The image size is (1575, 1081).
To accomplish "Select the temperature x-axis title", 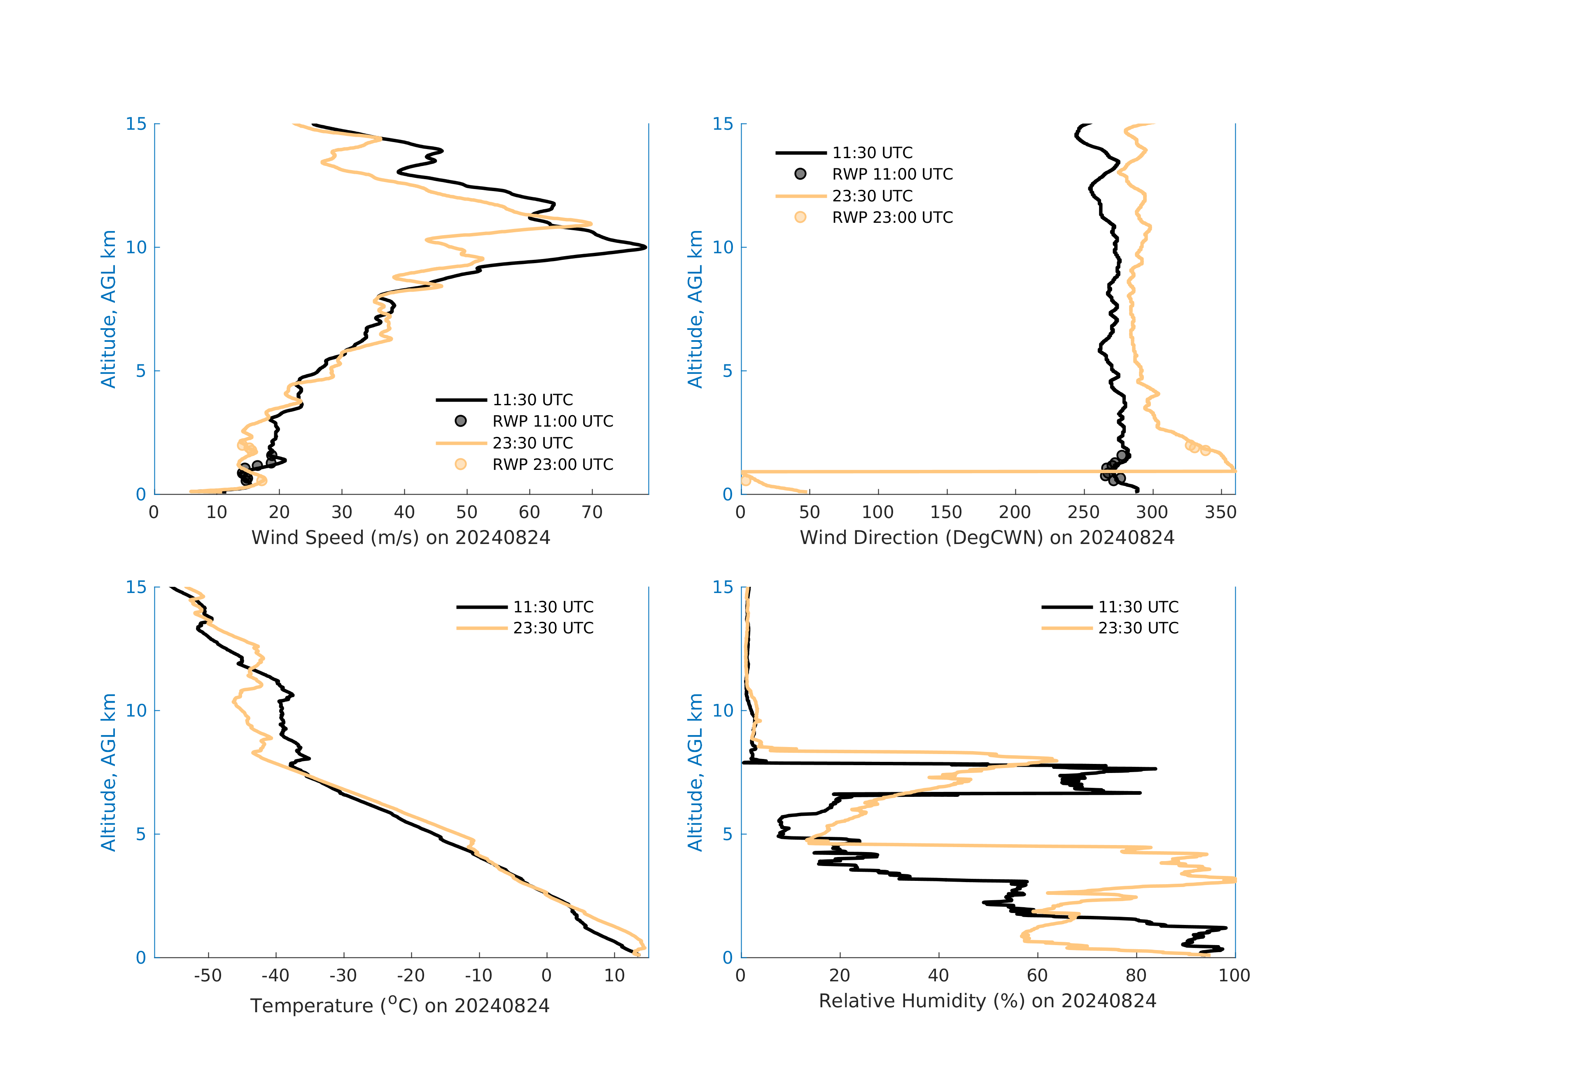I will click(400, 1005).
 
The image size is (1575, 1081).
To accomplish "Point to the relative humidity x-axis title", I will click(987, 1001).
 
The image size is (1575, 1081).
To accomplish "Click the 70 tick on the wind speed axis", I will click(592, 512).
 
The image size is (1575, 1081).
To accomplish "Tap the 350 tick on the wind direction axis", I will click(1220, 512).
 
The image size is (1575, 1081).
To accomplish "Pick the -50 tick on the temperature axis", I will click(208, 976).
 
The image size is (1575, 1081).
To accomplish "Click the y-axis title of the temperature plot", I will click(108, 772).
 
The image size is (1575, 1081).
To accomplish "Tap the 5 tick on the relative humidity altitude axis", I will click(727, 834).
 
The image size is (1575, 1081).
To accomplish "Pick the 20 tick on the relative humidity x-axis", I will click(840, 976).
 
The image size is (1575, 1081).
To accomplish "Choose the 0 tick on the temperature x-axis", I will click(547, 976).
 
